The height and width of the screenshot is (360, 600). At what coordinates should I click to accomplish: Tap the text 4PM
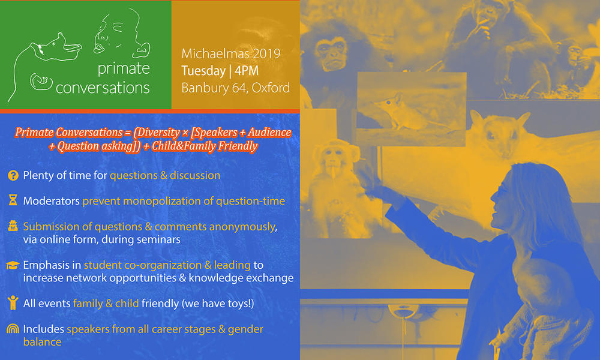[247, 71]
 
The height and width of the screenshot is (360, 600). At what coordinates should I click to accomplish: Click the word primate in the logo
[124, 69]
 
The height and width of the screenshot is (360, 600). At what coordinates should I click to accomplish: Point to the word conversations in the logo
[103, 88]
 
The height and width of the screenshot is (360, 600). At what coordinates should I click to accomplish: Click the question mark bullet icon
[13, 176]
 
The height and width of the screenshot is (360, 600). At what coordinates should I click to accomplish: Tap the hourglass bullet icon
[13, 200]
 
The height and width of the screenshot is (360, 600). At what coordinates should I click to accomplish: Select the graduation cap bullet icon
[13, 265]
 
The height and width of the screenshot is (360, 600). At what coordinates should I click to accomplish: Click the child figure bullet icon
[13, 302]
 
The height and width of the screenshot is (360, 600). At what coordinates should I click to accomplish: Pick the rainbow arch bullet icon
[13, 329]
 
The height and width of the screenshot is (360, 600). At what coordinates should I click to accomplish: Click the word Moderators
[51, 201]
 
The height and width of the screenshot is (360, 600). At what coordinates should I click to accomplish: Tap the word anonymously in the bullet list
[243, 227]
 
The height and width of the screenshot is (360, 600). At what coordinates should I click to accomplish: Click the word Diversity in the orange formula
[157, 133]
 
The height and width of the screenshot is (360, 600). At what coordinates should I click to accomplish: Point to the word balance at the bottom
[42, 341]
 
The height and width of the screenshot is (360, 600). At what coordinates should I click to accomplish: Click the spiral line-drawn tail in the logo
[41, 82]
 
